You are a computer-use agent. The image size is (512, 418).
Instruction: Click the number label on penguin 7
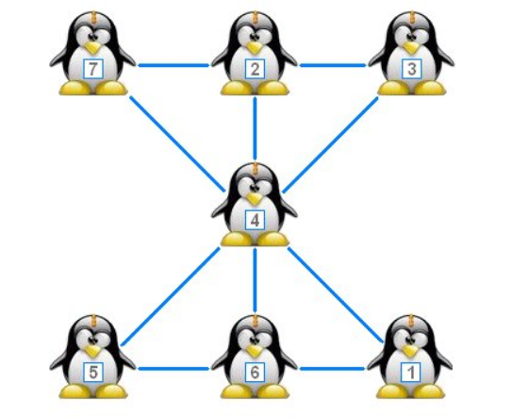93,69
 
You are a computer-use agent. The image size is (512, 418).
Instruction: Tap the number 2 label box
255,69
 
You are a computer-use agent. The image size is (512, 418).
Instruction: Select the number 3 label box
411,69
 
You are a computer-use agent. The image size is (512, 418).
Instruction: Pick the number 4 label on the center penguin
255,220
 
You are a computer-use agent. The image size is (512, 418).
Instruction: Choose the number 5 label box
93,372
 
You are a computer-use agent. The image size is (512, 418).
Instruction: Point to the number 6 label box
255,372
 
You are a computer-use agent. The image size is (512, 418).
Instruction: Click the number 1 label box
411,372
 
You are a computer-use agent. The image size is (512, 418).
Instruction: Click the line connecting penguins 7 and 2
173,65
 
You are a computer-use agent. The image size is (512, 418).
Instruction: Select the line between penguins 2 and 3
333,65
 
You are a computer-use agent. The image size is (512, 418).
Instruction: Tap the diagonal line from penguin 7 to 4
177,143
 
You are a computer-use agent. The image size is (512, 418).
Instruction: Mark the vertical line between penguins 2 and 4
255,128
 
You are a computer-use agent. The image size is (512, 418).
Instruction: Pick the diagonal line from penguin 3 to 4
331,144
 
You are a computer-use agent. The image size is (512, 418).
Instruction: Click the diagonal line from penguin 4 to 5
170,296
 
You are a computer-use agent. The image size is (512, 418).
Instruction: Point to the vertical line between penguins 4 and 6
255,280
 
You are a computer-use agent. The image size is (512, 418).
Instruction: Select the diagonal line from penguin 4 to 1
336,295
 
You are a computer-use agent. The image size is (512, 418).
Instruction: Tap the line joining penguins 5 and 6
173,369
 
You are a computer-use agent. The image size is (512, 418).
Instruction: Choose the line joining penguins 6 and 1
333,369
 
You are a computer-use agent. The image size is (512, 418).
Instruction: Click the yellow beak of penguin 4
255,198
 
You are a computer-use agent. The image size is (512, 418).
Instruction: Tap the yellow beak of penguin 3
411,48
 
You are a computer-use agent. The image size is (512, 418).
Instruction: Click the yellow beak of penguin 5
93,351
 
